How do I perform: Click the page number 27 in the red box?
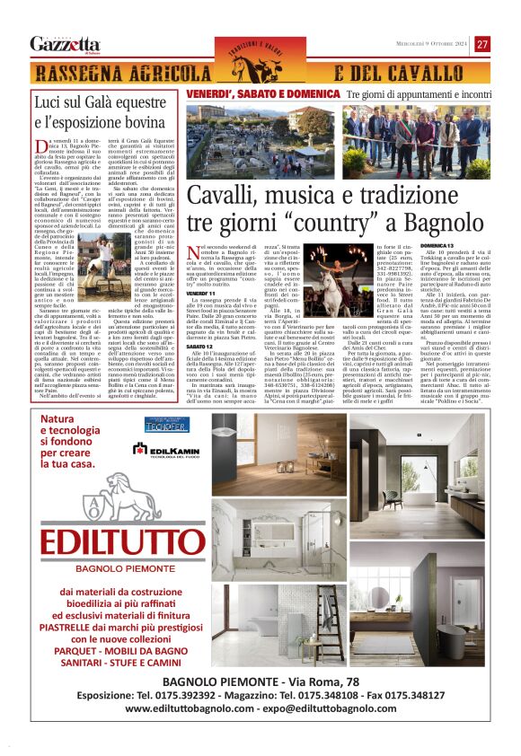482,44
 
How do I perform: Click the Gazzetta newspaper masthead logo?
65,44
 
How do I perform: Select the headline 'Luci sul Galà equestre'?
101,104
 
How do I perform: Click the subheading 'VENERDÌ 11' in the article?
201,293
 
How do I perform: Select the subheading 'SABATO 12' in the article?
200,345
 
